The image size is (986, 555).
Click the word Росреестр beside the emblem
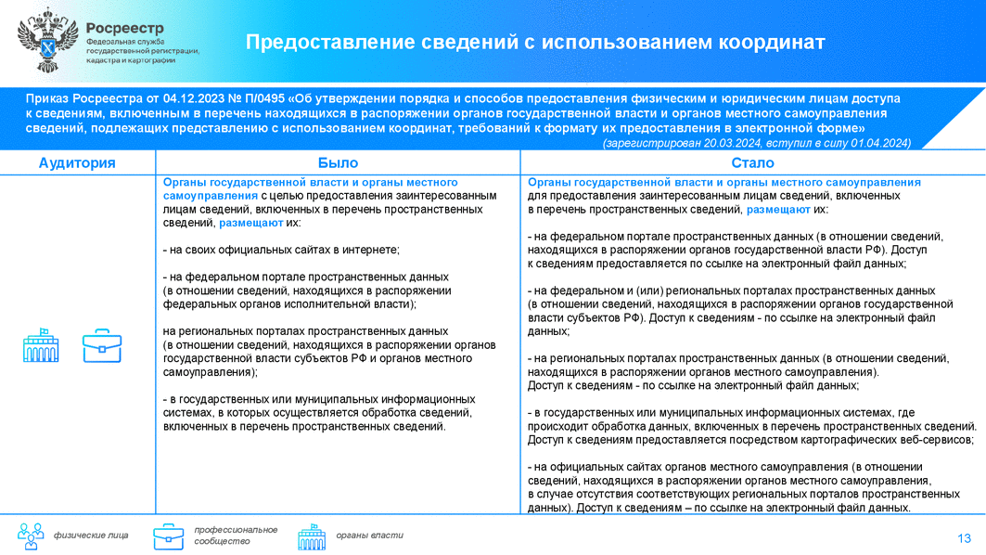[x=125, y=27]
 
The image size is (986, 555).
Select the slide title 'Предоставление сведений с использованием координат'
[x=534, y=43]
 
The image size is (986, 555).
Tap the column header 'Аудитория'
[x=77, y=162]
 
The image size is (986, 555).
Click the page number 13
[x=964, y=538]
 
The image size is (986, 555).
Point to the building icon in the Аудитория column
[x=41, y=345]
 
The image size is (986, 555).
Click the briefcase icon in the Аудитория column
[x=101, y=345]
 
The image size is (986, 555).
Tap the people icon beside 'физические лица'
[x=31, y=536]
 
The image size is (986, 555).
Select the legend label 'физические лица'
[x=91, y=536]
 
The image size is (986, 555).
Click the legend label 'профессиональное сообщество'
[x=236, y=535]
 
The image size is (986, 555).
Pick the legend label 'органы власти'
[x=369, y=536]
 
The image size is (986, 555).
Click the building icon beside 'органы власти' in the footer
[x=312, y=536]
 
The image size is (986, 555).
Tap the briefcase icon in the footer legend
[x=168, y=536]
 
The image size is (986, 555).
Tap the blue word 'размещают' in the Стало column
[x=779, y=210]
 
